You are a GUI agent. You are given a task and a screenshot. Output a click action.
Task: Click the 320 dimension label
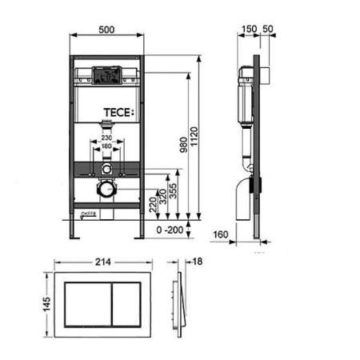(x=162, y=198)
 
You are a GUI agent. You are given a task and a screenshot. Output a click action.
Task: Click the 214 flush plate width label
(x=101, y=260)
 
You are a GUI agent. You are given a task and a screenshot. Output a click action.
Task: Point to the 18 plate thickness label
(x=198, y=260)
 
